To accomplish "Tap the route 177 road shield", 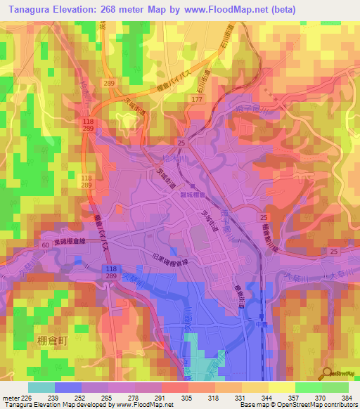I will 197,100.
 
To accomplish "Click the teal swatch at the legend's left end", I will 41,387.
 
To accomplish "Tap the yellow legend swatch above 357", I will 282,387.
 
